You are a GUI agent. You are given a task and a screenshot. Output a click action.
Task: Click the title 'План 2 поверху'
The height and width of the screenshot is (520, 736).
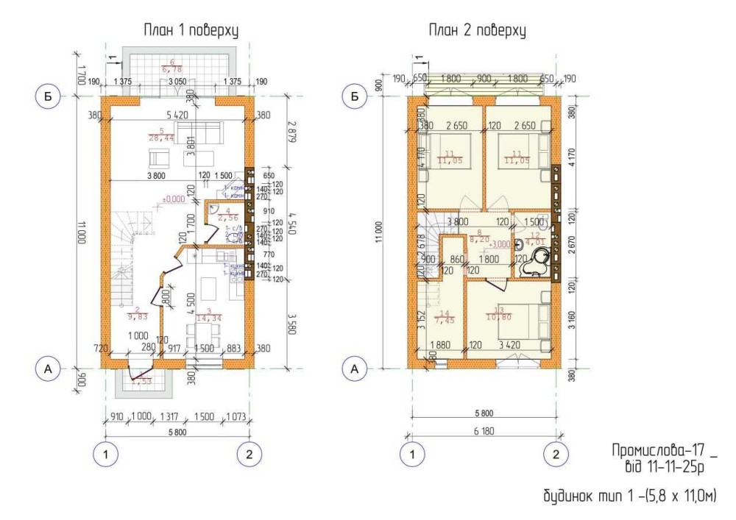(476, 30)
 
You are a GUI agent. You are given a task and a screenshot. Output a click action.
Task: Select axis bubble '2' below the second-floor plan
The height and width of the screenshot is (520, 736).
(556, 454)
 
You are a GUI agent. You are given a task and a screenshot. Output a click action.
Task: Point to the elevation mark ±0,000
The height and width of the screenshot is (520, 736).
(174, 199)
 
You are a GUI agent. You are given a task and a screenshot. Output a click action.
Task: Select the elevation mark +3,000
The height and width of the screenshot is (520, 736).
(500, 243)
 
